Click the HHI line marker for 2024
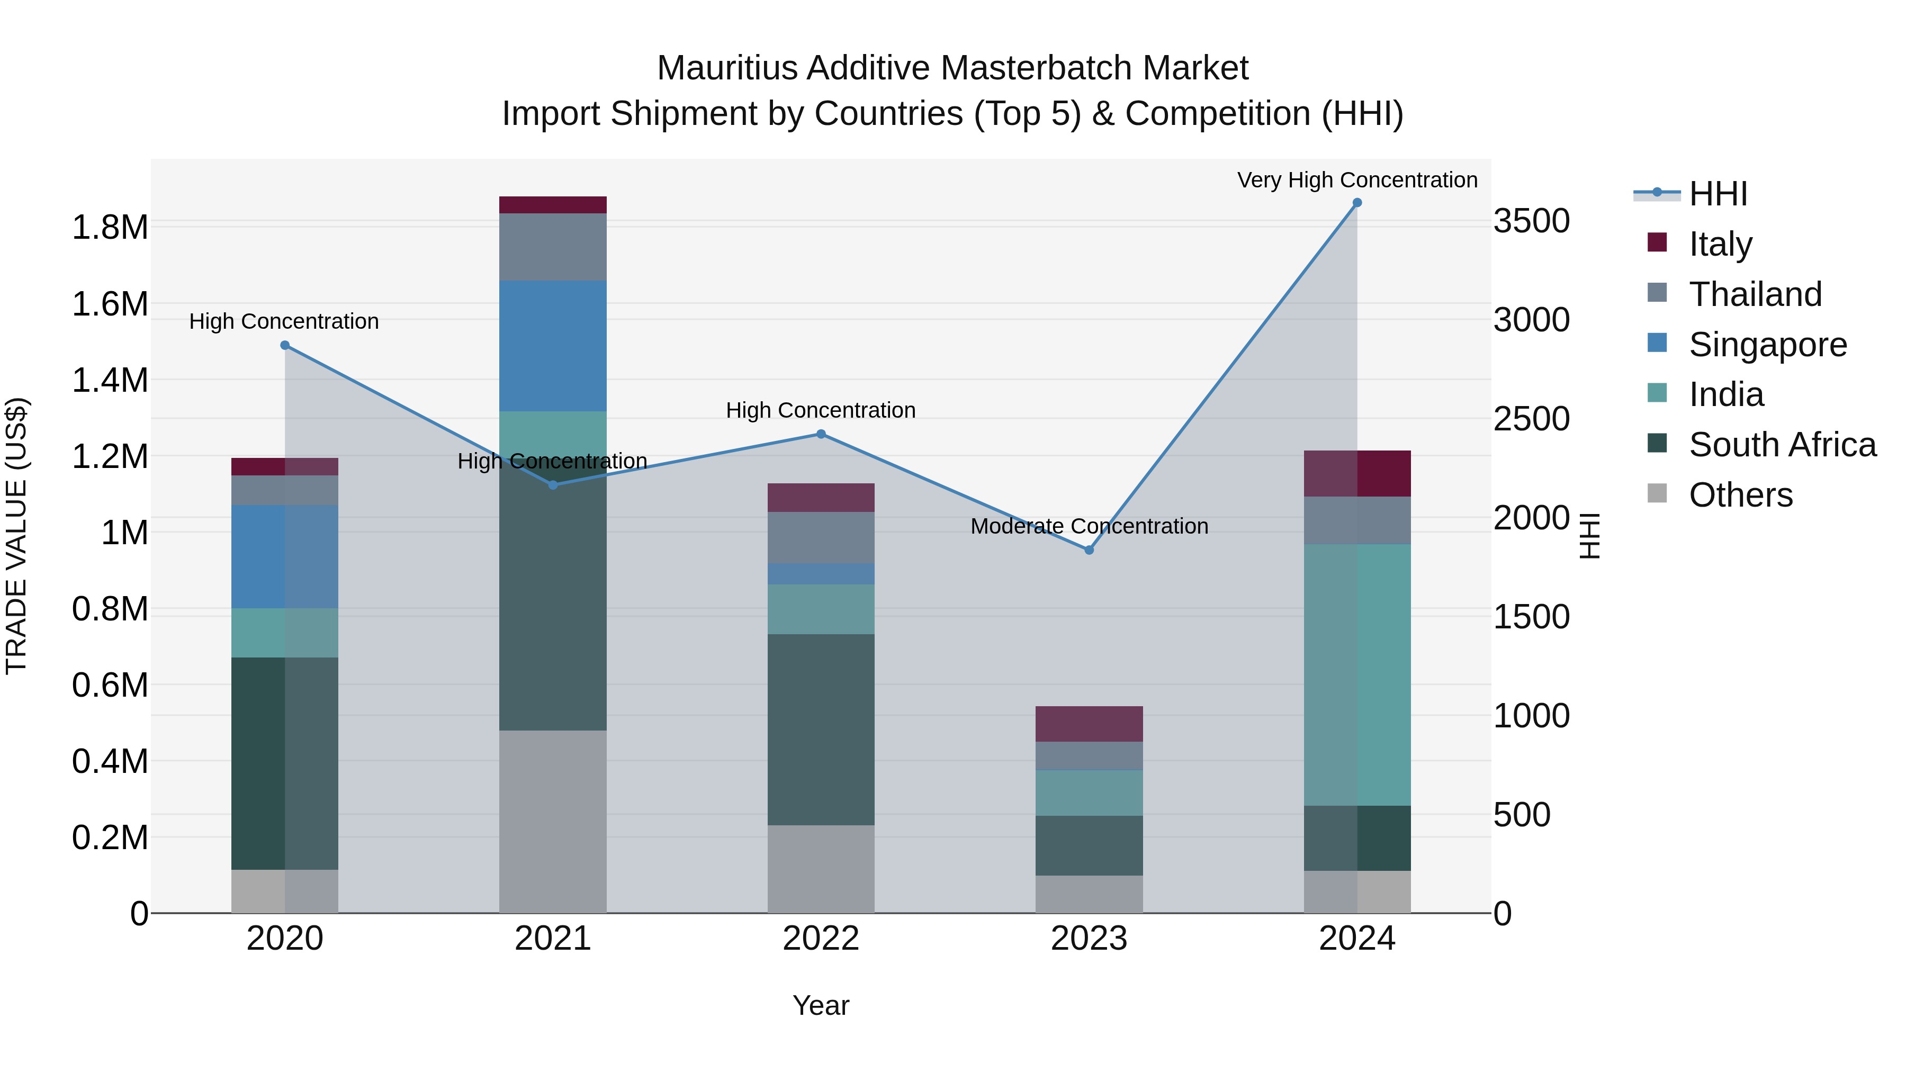tap(1356, 203)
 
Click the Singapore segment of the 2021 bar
tap(553, 346)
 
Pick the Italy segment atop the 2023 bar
tap(1089, 724)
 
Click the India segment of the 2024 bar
tap(1356, 675)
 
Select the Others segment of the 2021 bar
tap(553, 821)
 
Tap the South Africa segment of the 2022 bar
tap(821, 729)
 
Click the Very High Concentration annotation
tap(1356, 180)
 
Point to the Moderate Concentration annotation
tap(1089, 526)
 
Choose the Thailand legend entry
tap(1755, 294)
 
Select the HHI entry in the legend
tap(1718, 194)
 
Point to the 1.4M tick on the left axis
tap(110, 380)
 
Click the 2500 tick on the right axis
tap(1531, 419)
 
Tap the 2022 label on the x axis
tap(821, 939)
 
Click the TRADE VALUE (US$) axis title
tap(16, 536)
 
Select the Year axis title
tap(821, 1005)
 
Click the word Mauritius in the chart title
tap(727, 68)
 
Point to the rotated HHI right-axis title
tap(1589, 536)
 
